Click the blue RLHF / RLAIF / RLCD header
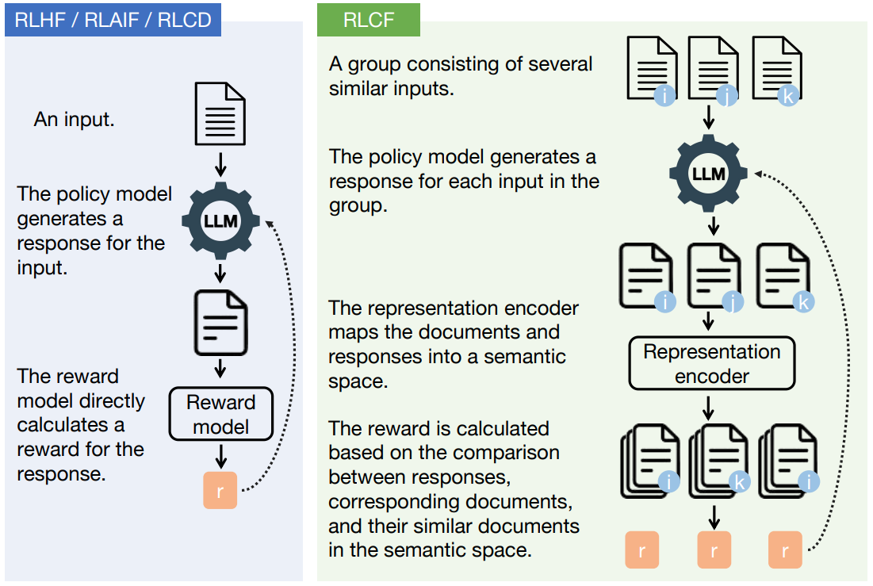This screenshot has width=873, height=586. point(113,19)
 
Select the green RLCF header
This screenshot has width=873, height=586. point(369,19)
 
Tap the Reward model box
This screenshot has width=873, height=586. point(221,414)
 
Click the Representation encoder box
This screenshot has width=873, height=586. point(711,364)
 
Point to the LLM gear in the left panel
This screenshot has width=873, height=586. point(221,221)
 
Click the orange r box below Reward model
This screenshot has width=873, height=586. point(220,490)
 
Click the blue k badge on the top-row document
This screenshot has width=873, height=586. point(787,97)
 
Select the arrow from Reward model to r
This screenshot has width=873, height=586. point(221,456)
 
